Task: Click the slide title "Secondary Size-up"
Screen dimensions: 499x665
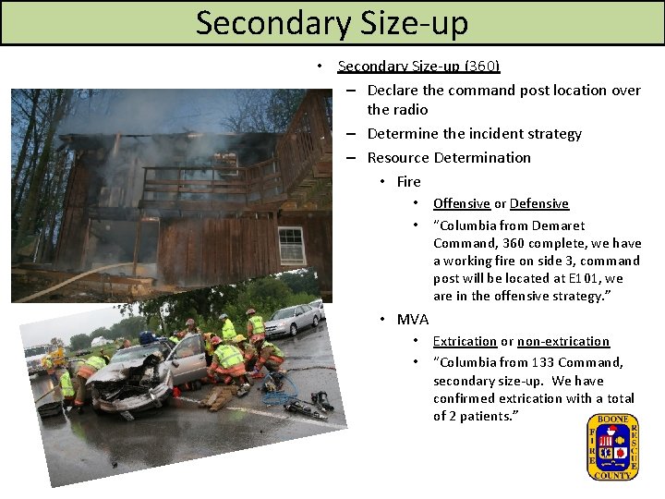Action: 332,22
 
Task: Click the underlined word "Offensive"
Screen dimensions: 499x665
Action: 462,203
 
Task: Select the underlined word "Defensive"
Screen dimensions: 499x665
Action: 539,203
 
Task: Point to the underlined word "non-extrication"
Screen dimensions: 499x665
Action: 563,342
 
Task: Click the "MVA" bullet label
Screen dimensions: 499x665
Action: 412,320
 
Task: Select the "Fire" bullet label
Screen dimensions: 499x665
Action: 408,181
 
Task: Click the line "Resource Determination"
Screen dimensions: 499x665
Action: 449,157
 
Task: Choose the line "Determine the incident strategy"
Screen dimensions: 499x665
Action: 474,134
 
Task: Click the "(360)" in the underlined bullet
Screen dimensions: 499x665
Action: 482,66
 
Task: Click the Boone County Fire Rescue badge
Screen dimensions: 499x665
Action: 612,447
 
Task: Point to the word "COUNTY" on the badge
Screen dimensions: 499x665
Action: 612,475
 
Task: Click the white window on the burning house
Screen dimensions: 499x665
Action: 292,245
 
